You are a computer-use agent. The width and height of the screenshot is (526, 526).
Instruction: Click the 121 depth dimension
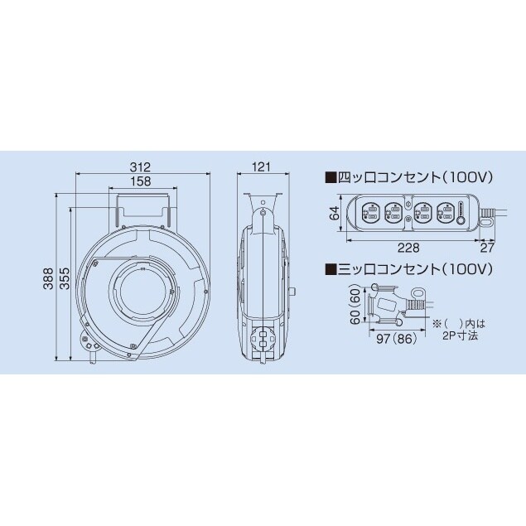click(262, 166)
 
